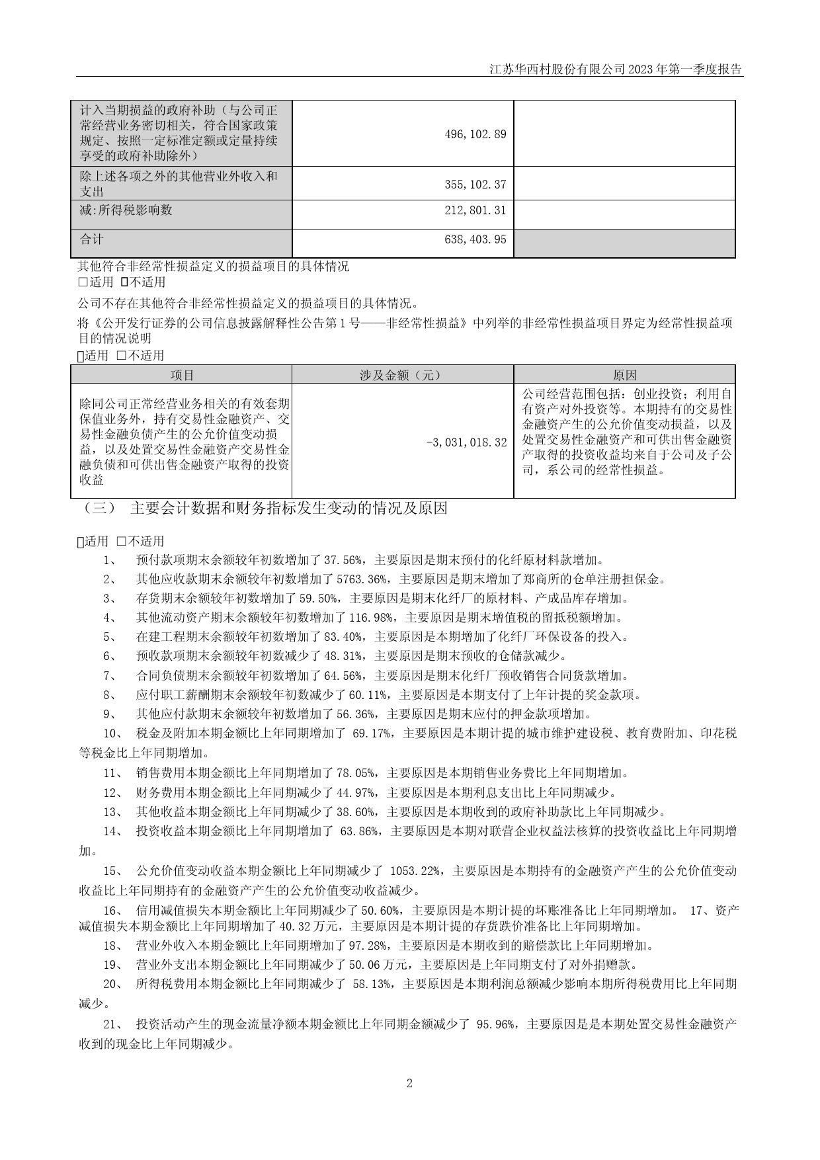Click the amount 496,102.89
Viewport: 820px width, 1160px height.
pyautogui.click(x=475, y=134)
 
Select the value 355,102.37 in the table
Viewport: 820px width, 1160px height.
pyautogui.click(x=475, y=185)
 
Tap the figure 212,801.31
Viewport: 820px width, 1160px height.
pyautogui.click(x=475, y=211)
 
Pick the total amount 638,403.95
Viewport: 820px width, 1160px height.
pyautogui.click(x=475, y=239)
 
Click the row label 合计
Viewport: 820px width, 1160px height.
pyautogui.click(x=92, y=239)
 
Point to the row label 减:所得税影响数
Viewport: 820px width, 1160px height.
pyautogui.click(x=126, y=210)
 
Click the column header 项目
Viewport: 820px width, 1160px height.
pyautogui.click(x=181, y=375)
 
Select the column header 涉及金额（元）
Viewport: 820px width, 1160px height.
pyautogui.click(x=402, y=375)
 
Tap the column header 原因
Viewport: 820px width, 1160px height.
pyautogui.click(x=624, y=375)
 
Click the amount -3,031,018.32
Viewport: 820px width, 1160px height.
pyautogui.click(x=466, y=442)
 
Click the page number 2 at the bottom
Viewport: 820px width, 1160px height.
pyautogui.click(x=409, y=1083)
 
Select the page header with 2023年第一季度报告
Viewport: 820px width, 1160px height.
pyautogui.click(x=616, y=69)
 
